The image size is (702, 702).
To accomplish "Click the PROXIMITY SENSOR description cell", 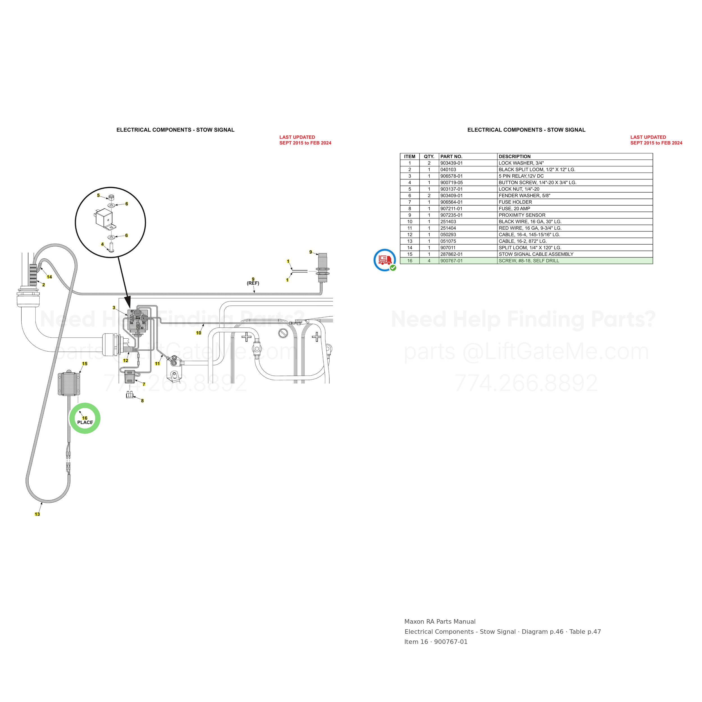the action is [522, 215].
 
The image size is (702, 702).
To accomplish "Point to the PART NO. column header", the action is [451, 157].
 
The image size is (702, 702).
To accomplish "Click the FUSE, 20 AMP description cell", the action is [514, 209].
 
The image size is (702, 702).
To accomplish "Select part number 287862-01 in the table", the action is [451, 254].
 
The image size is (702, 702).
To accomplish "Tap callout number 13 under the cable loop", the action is [37, 514].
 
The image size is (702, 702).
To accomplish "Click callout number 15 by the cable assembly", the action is [85, 364].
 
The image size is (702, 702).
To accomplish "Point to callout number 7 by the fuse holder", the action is [144, 384].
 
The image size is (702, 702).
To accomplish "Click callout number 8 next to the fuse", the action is [142, 401].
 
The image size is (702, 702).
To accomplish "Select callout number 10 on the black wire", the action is [199, 333].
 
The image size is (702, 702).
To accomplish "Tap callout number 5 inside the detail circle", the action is [98, 195].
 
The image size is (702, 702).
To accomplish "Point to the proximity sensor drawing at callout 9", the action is [322, 268].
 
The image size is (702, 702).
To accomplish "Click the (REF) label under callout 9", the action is [253, 283].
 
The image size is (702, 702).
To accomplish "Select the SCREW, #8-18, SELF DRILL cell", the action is [529, 261].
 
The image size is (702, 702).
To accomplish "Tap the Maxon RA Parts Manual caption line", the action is [440, 622].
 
